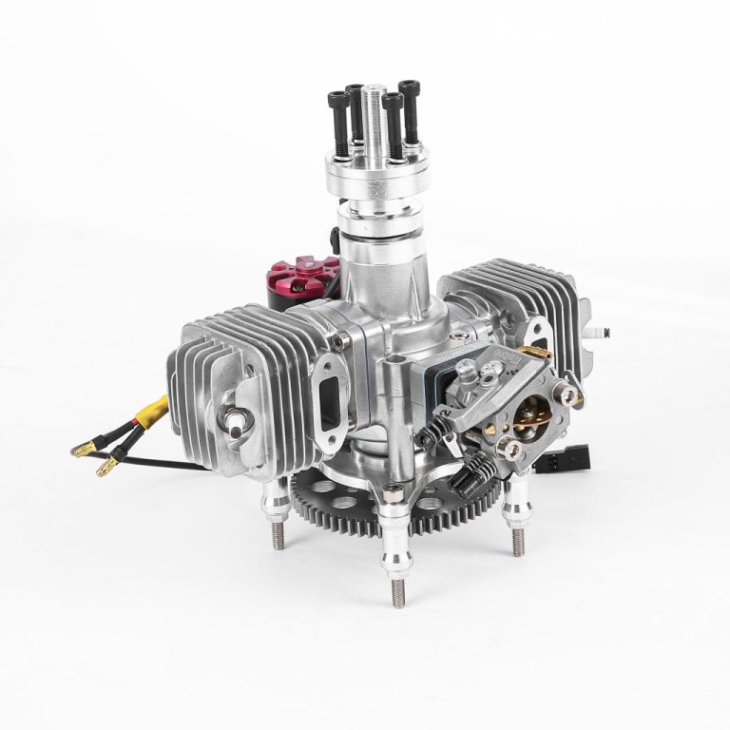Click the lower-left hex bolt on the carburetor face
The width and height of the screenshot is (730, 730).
(511, 447)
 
